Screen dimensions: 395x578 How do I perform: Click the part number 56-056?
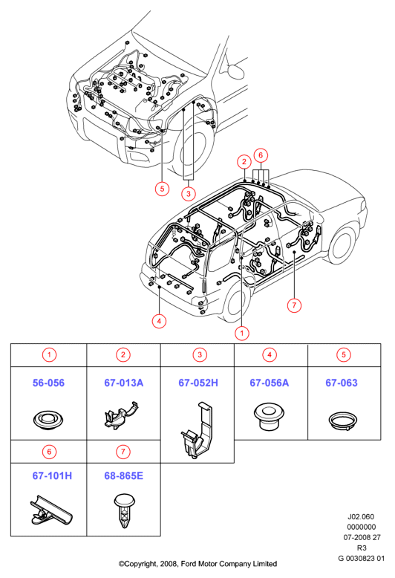[x=48, y=383]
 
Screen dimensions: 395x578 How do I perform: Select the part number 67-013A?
[x=123, y=383]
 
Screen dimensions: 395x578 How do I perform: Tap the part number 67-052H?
[x=198, y=383]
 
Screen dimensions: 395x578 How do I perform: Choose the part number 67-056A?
[x=270, y=383]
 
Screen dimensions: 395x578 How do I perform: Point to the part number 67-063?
[x=342, y=383]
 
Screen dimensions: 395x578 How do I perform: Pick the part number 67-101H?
[x=52, y=475]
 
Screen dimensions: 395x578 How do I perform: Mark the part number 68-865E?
[x=123, y=475]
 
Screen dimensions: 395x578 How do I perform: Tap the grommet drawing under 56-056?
[x=48, y=420]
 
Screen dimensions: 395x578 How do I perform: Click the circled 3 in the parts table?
[x=200, y=354]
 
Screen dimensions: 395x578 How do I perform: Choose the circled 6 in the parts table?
[x=49, y=452]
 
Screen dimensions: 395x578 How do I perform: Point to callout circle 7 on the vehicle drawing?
[x=294, y=305]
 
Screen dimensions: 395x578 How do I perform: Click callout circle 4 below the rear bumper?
[x=159, y=321]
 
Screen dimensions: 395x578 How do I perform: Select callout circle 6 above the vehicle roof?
[x=261, y=155]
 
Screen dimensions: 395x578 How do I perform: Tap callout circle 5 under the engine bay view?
[x=162, y=189]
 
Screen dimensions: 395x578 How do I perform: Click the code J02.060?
[x=361, y=517]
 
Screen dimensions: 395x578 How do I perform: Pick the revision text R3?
[x=362, y=548]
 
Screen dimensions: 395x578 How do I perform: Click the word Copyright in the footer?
[x=140, y=564]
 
